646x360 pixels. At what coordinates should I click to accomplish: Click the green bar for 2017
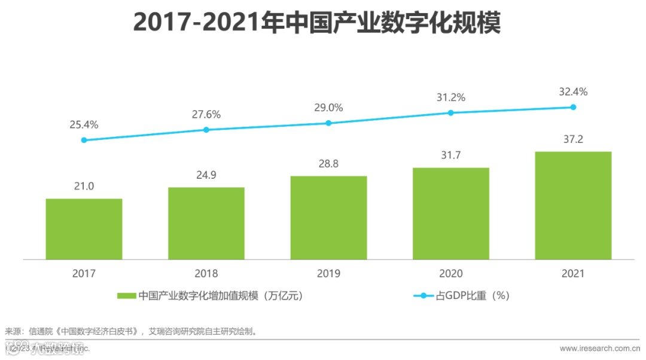[84, 229]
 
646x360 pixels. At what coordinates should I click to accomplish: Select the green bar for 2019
[328, 218]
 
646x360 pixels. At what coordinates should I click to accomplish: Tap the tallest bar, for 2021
[573, 206]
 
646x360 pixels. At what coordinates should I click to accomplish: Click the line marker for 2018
[206, 130]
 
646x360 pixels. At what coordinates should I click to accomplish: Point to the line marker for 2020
[451, 112]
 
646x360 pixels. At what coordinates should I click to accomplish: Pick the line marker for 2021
[573, 107]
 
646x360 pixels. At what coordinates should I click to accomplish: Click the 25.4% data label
[84, 125]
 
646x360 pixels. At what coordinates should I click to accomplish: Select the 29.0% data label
[328, 108]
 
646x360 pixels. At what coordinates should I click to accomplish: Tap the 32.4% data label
[573, 92]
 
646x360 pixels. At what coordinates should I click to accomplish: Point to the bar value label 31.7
[451, 155]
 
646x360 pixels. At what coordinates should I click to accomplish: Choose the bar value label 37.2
[573, 139]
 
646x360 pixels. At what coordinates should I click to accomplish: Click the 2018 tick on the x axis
[206, 274]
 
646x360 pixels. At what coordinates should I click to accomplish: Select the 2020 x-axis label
[451, 274]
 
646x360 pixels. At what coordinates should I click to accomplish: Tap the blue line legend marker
[424, 295]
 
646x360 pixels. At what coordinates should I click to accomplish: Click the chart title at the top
[316, 23]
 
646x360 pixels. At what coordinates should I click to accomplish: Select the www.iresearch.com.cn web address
[599, 348]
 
